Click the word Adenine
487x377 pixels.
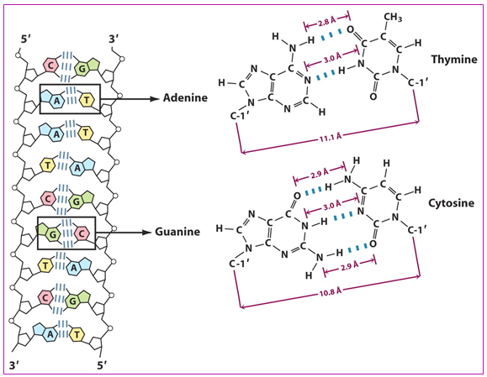[x=185, y=98]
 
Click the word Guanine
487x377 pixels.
[x=177, y=232]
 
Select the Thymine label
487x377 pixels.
[x=454, y=60]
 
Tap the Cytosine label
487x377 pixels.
[x=452, y=203]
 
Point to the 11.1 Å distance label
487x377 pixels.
[x=331, y=137]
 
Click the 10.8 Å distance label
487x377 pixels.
[x=331, y=291]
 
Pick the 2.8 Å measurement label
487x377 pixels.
[x=327, y=23]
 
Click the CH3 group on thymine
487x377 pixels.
[x=393, y=18]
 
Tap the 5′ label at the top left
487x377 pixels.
[x=26, y=40]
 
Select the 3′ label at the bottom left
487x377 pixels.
[x=15, y=365]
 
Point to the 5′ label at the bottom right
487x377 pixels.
[x=102, y=365]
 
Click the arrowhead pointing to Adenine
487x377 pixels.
[x=155, y=99]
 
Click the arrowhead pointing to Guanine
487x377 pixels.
[x=146, y=233]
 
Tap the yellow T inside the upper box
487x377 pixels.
[x=87, y=100]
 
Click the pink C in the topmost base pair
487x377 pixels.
[x=50, y=65]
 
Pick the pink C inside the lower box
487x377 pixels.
[x=82, y=233]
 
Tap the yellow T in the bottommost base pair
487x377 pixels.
[x=77, y=334]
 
